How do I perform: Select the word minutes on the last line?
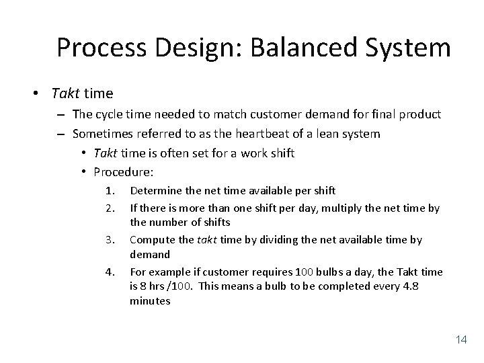point(150,302)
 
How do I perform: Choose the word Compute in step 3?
point(152,240)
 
